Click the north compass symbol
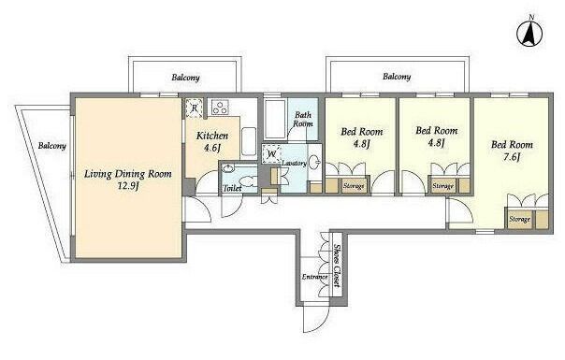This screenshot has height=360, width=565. coord(529,34)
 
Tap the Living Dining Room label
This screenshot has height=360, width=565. coord(128,175)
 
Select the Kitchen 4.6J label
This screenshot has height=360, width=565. coord(212,141)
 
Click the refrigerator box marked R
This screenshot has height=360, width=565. coord(195,108)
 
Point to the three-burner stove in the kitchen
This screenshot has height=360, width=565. coord(220,108)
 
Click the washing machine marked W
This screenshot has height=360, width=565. coord(271,154)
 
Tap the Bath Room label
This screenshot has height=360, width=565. coord(303,120)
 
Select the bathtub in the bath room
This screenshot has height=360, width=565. coord(276,119)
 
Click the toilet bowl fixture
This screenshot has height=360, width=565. coord(249,180)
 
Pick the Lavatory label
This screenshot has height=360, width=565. coord(294,164)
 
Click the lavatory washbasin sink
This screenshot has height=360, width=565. coord(315,162)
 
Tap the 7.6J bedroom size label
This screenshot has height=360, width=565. coord(512,157)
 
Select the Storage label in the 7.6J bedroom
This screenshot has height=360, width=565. coord(519,219)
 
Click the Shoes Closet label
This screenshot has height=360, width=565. coord(337,266)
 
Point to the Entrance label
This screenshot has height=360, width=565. coord(314,277)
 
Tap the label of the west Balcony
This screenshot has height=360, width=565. coord(52,146)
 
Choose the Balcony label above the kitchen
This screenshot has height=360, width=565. coord(185,78)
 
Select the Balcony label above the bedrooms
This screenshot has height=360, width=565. coord(397,77)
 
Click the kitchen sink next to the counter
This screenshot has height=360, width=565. coord(249,141)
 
